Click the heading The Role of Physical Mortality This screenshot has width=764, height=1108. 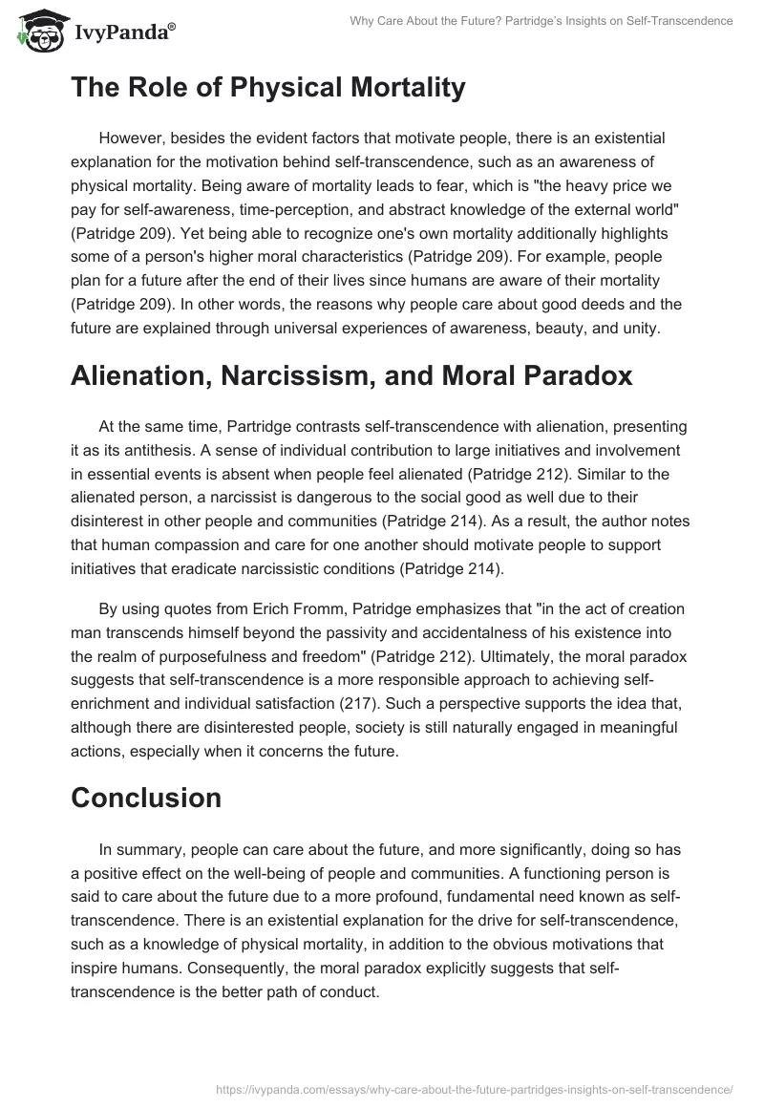click(x=268, y=88)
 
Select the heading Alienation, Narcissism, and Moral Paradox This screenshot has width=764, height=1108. click(x=351, y=375)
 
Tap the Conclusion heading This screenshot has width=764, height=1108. click(x=146, y=797)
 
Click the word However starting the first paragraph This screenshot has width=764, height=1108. click(x=130, y=138)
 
